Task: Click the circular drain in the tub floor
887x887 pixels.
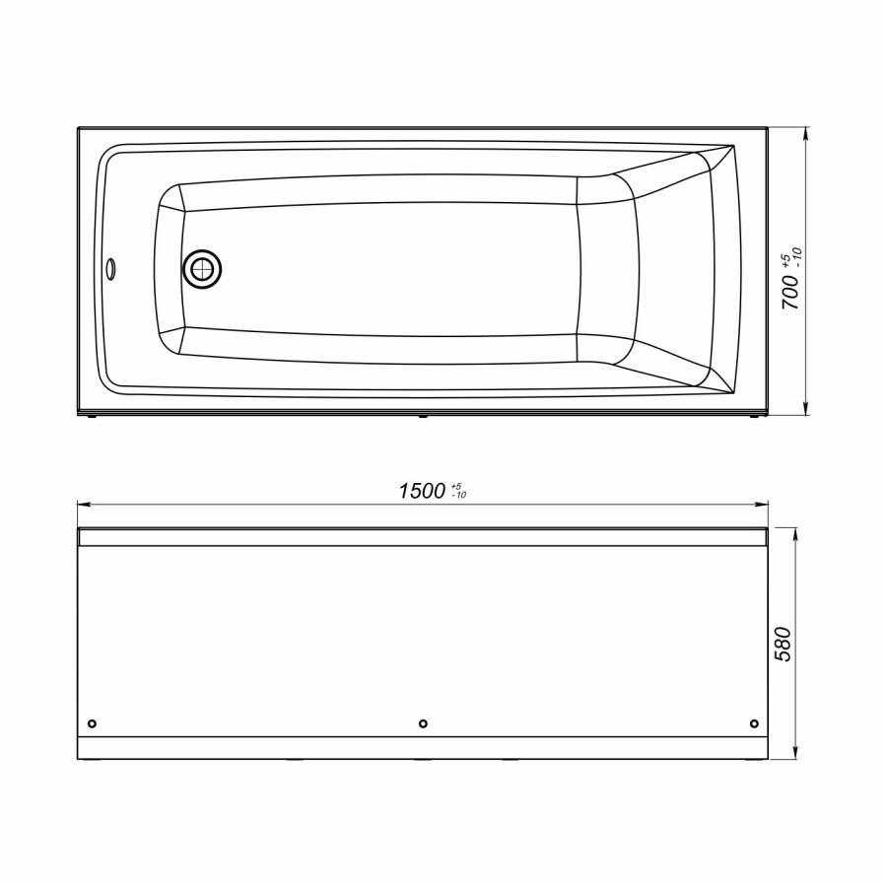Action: click(202, 268)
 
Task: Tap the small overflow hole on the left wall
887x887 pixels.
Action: click(110, 266)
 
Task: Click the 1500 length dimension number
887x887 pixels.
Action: click(421, 492)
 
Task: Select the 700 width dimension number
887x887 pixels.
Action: click(789, 294)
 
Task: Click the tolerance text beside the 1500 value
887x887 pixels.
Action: click(458, 491)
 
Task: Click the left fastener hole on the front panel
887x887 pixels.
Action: click(92, 724)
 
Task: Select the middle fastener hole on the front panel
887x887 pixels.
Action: click(423, 724)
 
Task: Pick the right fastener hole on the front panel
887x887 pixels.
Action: click(754, 724)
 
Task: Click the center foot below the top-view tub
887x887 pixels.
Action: click(423, 416)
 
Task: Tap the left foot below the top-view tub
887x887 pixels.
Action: click(92, 416)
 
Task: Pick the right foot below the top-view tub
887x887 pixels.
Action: click(754, 416)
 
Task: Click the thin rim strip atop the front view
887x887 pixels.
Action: click(423, 537)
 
